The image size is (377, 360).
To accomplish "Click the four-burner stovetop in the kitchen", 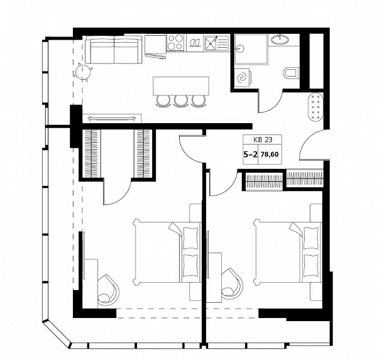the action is [175, 43].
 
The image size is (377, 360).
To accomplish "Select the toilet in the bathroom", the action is [291, 73].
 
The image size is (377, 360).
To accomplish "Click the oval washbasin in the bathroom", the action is [280, 39].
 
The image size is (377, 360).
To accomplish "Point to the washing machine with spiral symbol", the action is [242, 77].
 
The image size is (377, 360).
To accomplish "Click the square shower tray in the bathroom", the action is [251, 49].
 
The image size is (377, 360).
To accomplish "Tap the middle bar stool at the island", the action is [181, 101].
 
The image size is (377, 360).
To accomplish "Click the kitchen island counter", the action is [181, 86].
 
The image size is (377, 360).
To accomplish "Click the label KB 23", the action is [263, 139].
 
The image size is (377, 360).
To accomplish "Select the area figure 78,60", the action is [270, 154].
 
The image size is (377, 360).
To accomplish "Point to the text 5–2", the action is [251, 154].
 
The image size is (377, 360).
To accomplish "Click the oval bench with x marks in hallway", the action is [316, 106].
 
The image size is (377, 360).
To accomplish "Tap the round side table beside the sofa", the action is [83, 72].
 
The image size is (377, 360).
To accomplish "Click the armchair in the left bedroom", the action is [108, 290].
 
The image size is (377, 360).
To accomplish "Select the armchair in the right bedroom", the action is [232, 284].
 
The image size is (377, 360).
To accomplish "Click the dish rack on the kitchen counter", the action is [195, 43].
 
